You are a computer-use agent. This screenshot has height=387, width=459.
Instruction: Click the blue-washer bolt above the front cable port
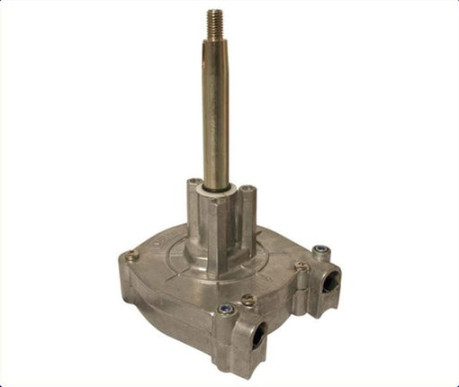pyautogui.click(x=226, y=310)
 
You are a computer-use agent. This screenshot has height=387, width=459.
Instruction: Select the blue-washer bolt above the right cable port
pyautogui.click(x=319, y=250)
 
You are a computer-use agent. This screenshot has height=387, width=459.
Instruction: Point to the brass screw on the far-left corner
pyautogui.click(x=131, y=256)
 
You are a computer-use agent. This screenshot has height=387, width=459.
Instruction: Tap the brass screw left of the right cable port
pyautogui.click(x=301, y=266)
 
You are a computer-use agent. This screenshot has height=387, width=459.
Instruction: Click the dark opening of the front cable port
pyautogui.click(x=256, y=337)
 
